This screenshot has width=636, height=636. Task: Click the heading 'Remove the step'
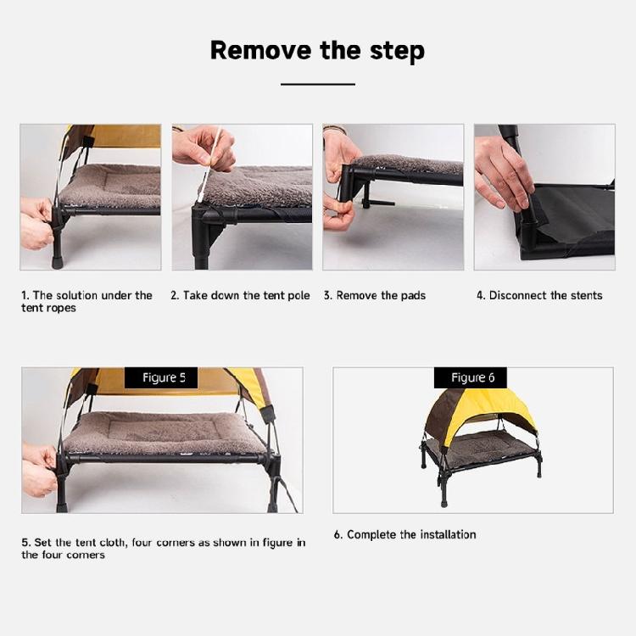[x=318, y=50]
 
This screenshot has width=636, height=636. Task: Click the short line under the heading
[x=318, y=84]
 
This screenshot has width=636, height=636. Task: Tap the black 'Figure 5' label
[x=161, y=377]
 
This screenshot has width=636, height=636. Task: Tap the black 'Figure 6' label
[x=471, y=377]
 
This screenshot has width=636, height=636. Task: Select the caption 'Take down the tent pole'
[x=246, y=295]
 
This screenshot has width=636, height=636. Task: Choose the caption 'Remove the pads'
[x=381, y=295]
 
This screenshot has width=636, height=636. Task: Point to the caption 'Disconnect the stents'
[x=545, y=295]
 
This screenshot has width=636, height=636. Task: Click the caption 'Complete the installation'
[x=411, y=534]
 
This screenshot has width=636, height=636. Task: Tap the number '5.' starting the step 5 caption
[x=26, y=543]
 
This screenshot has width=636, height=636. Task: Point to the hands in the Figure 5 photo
[x=39, y=470]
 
